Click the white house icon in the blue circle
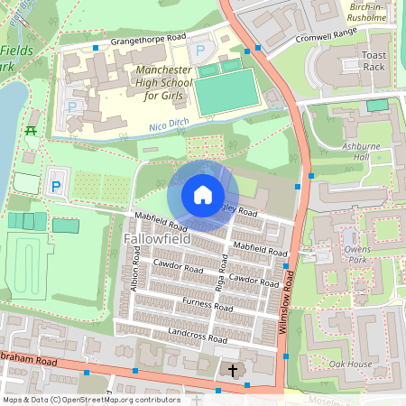[x=203, y=194]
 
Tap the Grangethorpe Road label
[x=148, y=41]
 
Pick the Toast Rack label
[x=374, y=61]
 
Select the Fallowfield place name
[x=152, y=239]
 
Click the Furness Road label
[x=207, y=304]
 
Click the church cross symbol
[x=232, y=371]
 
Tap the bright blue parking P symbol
[x=56, y=187]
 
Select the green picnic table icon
[x=31, y=132]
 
